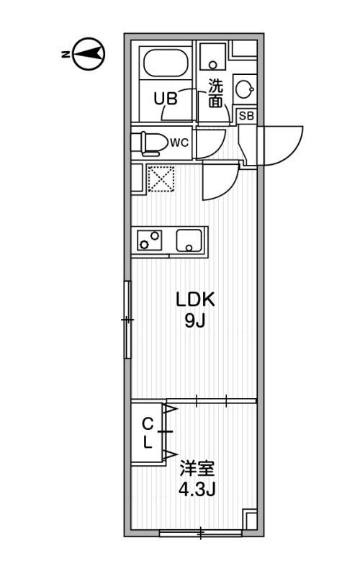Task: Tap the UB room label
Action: coord(166,99)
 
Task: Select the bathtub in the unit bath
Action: coord(166,63)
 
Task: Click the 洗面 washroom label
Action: coord(215,94)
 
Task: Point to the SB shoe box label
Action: coord(246,116)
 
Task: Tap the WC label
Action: coord(179,143)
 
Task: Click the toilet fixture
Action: coord(148,143)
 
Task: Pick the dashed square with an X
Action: coord(161,179)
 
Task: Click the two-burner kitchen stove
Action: coord(150,240)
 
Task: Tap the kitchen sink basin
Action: coord(189,240)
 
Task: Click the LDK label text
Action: coord(195,300)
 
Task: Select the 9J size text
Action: coord(195,321)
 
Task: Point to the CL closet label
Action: coord(148,434)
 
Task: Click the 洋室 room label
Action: coord(197,469)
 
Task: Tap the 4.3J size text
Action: coord(197,490)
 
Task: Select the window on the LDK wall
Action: coord(127,320)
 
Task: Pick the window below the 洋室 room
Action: coord(201,533)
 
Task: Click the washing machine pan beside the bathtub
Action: coord(212,57)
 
